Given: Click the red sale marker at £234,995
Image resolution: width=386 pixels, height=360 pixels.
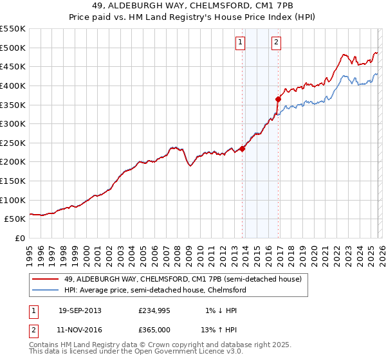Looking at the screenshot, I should pyautogui.click(x=243, y=148).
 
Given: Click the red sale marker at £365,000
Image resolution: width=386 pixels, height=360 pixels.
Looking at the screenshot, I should pyautogui.click(x=279, y=99).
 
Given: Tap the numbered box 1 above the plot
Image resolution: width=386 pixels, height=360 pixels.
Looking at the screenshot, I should pyautogui.click(x=240, y=43).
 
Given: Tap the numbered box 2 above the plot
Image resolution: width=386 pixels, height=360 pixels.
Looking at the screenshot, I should pyautogui.click(x=276, y=43).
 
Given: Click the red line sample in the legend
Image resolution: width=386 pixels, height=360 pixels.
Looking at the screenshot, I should pyautogui.click(x=46, y=279).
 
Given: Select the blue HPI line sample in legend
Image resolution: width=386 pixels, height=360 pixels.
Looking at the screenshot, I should pyautogui.click(x=46, y=290).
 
